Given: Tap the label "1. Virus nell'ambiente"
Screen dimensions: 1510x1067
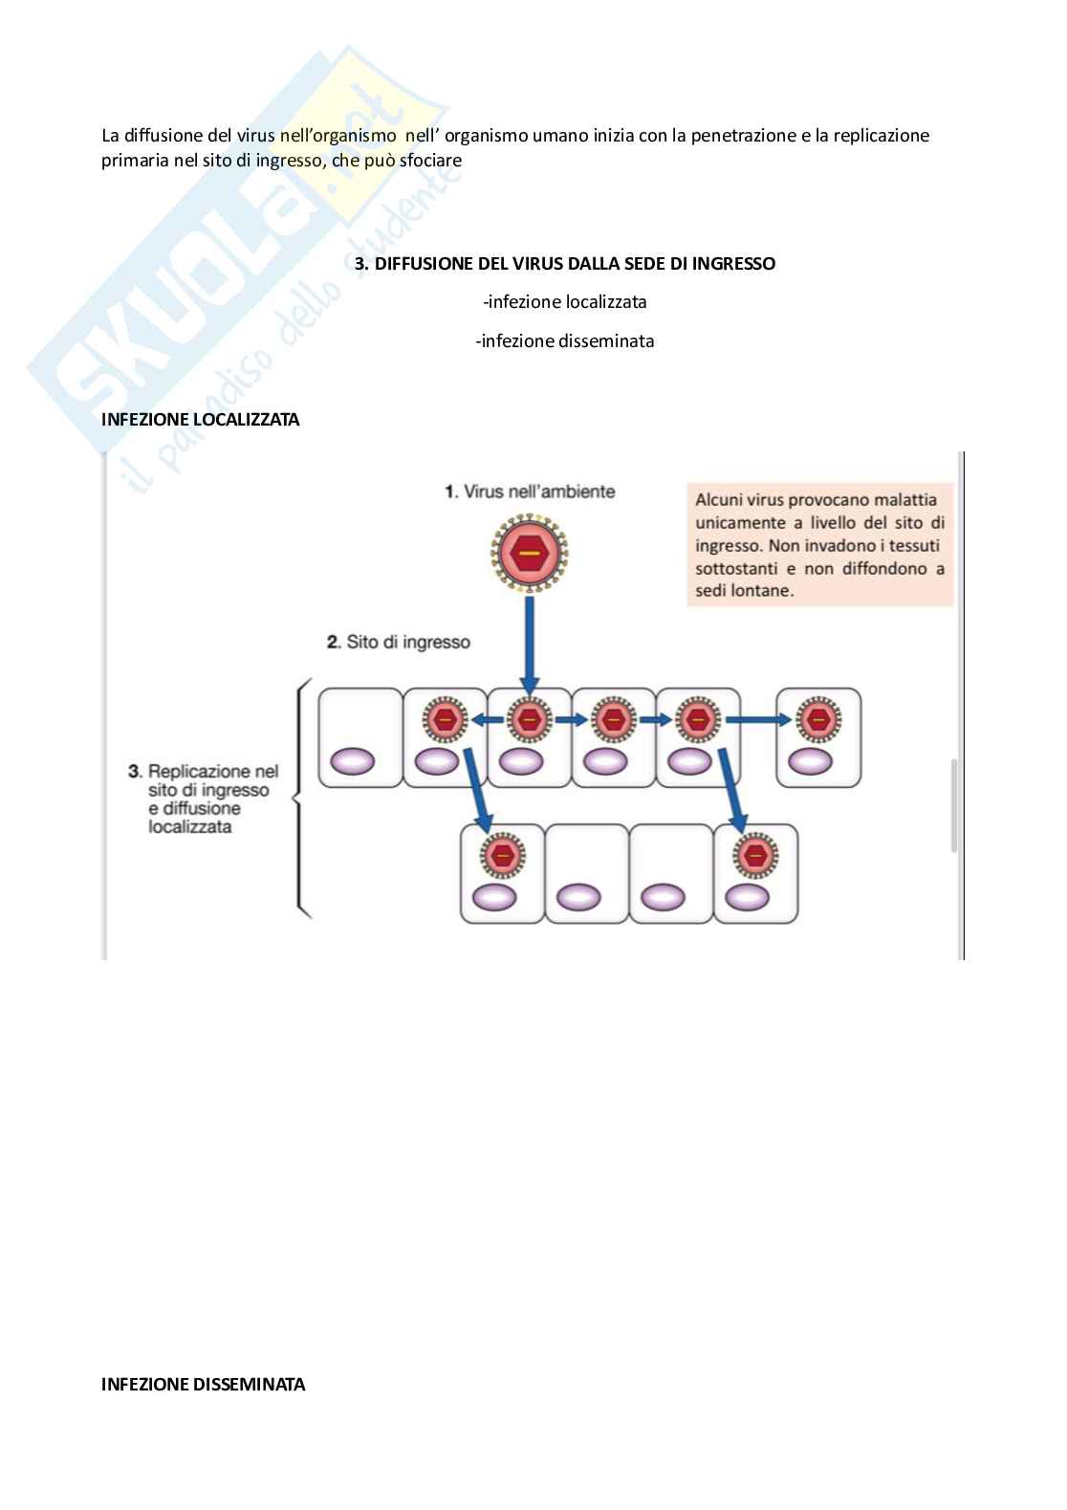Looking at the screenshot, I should click(x=530, y=492).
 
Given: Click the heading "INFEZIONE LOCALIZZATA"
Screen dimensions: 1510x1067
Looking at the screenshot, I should click(x=200, y=420).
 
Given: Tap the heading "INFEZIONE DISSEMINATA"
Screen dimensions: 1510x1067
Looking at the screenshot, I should click(x=203, y=1384).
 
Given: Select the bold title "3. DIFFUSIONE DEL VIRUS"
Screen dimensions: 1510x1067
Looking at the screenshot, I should click(x=565, y=263).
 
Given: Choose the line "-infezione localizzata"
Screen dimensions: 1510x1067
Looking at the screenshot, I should click(x=565, y=302).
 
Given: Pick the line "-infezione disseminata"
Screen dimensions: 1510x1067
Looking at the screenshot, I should click(x=565, y=341).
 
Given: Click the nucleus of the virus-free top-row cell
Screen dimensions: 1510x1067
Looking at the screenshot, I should click(x=353, y=762).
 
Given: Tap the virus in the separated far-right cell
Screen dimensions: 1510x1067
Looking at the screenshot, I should click(x=818, y=719).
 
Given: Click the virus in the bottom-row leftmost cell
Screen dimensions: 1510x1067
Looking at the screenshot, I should click(x=502, y=854).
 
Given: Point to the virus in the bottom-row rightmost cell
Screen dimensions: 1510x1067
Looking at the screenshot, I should click(x=756, y=854).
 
